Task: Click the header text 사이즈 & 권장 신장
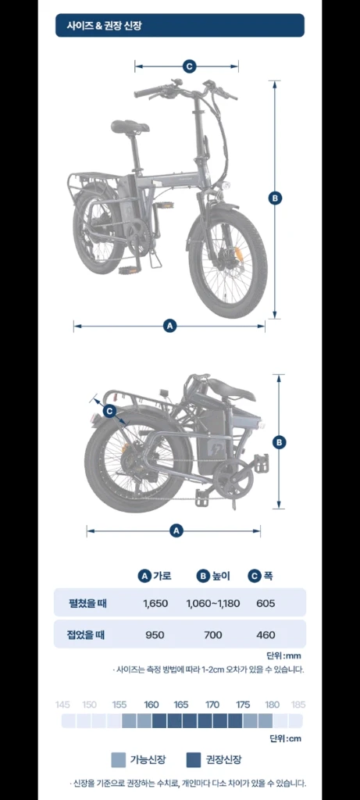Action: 105,26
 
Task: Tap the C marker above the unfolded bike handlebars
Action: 189,66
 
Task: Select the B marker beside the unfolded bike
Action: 275,198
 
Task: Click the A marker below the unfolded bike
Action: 170,326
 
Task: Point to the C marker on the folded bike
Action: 110,410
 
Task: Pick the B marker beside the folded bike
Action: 279,442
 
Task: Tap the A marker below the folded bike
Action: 176,530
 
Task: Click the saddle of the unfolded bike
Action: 130,126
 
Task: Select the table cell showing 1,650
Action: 155,604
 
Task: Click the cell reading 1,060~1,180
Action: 213,604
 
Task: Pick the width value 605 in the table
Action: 266,604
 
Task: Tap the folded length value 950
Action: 155,635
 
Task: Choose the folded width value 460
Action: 266,635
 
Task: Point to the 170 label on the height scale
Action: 212,705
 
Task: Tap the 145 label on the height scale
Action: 62,705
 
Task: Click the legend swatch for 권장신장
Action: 193,759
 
